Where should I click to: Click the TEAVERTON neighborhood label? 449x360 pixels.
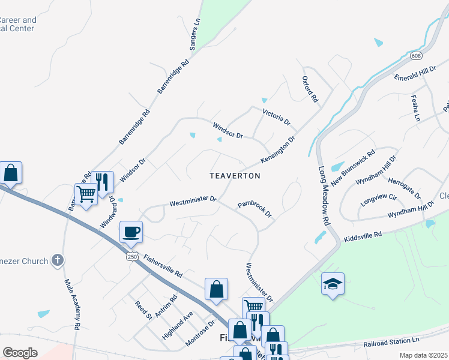pyautogui.click(x=235, y=176)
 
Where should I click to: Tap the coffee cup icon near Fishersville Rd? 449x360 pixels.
pyautogui.click(x=131, y=231)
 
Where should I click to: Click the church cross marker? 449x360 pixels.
pyautogui.click(x=57, y=260)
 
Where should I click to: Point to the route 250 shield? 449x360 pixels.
pyautogui.click(x=132, y=256)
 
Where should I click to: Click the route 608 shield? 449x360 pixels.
pyautogui.click(x=416, y=56)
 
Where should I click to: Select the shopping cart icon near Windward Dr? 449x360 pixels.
pyautogui.click(x=86, y=194)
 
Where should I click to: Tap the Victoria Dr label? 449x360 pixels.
pyautogui.click(x=276, y=116)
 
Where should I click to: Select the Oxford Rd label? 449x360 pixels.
pyautogui.click(x=309, y=89)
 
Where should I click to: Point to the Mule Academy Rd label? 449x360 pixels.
pyautogui.click(x=71, y=303)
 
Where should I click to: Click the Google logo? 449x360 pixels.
pyautogui.click(x=20, y=352)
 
